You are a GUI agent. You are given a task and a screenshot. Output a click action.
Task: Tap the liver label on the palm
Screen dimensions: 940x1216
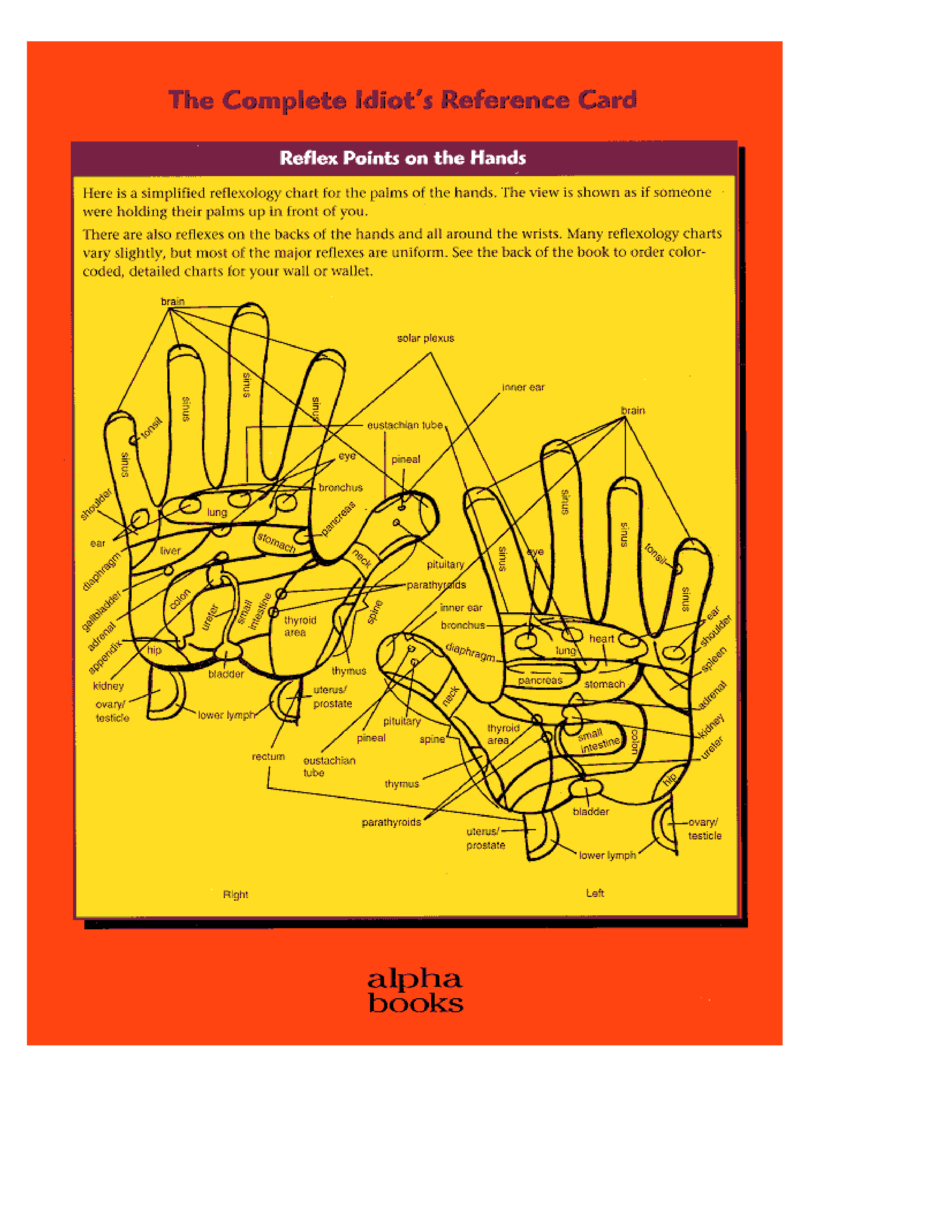170,551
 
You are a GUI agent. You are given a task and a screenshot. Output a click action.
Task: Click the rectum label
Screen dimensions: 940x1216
268,756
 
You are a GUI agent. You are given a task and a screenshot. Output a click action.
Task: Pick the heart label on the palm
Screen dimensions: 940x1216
602,639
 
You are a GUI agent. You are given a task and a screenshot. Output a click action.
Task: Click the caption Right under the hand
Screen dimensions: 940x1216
236,894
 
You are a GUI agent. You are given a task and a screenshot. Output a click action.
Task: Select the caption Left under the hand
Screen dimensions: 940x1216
595,893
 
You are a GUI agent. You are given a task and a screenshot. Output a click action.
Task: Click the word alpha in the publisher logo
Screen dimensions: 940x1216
415,979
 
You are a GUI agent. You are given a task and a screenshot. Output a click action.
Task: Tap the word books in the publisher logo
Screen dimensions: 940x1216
415,1003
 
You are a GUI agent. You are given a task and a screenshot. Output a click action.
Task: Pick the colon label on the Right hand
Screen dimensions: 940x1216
180,599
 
